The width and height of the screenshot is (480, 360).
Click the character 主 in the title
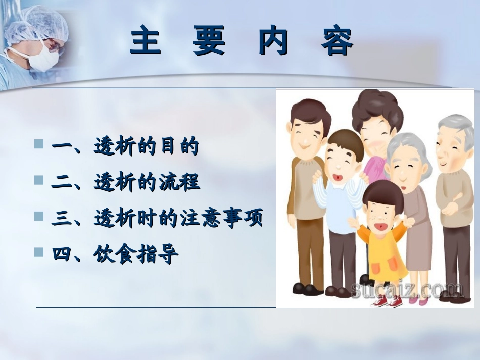[147, 42]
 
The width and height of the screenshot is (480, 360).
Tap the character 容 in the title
[337, 42]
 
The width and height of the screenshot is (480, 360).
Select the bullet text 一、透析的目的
[125, 147]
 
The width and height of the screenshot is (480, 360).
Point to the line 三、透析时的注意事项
[157, 219]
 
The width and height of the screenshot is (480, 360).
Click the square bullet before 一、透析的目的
[39, 144]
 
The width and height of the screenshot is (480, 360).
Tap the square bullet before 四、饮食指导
[39, 252]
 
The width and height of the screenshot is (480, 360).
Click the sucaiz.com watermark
[406, 290]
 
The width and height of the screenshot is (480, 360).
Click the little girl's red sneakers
[387, 301]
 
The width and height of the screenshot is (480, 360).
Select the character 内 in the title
[273, 42]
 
